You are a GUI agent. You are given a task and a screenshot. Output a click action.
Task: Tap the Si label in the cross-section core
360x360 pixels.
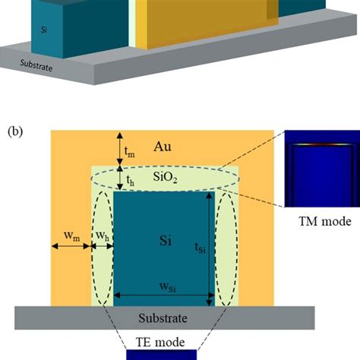(162, 239)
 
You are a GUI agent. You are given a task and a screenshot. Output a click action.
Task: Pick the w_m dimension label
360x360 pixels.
(71, 237)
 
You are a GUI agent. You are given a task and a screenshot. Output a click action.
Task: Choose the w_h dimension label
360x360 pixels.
(101, 237)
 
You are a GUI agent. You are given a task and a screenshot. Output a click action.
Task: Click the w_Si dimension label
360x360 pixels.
(163, 288)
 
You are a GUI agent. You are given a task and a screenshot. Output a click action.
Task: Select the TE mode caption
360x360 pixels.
(163, 343)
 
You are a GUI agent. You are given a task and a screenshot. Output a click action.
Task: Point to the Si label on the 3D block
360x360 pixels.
(45, 31)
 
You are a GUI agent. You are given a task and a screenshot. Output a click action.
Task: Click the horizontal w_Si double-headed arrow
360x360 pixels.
(163, 296)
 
